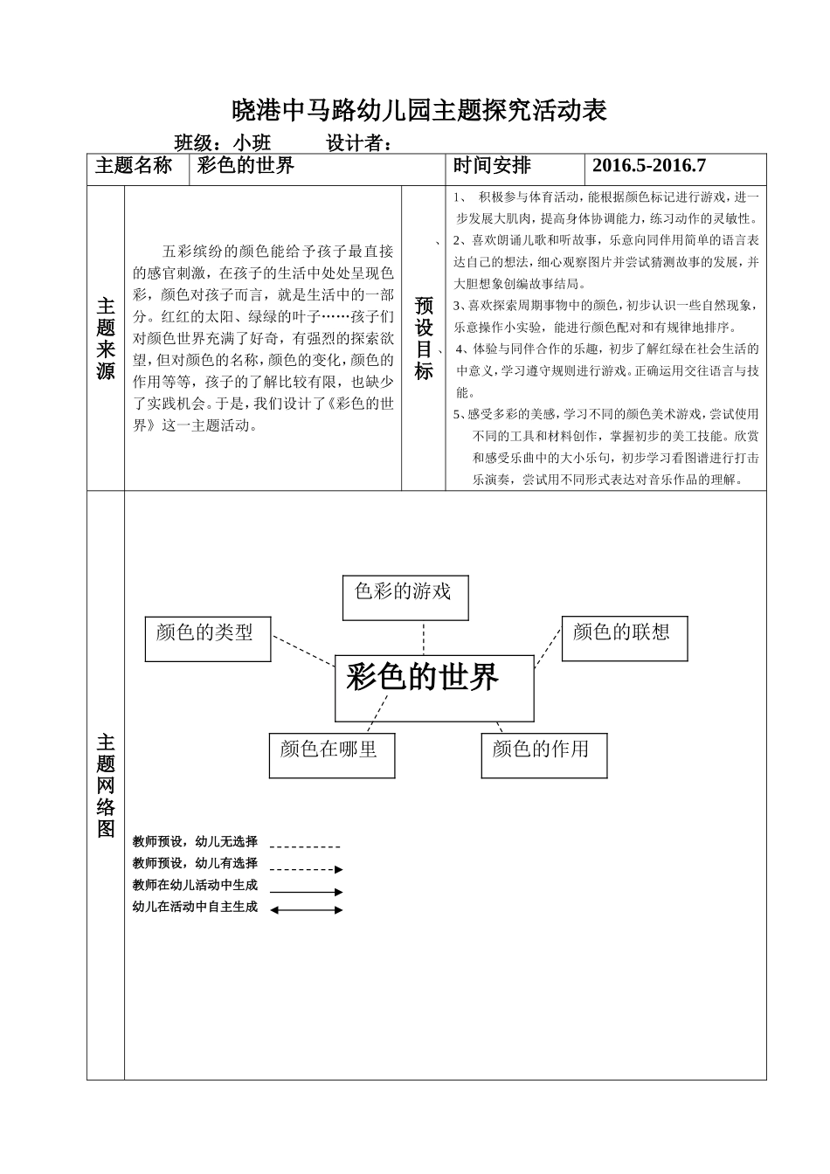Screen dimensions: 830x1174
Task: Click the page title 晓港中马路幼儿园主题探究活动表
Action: pyautogui.click(x=418, y=111)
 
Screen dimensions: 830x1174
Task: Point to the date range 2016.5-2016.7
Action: pyautogui.click(x=648, y=166)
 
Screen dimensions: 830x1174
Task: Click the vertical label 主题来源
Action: pyautogui.click(x=106, y=338)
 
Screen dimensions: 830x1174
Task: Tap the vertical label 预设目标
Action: pyautogui.click(x=424, y=338)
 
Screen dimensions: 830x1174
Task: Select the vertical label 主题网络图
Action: pyautogui.click(x=106, y=785)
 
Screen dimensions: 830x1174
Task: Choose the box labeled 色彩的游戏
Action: pyautogui.click(x=405, y=597)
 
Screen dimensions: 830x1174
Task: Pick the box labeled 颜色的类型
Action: pyautogui.click(x=207, y=638)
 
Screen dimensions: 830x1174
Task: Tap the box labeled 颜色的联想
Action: pyautogui.click(x=624, y=638)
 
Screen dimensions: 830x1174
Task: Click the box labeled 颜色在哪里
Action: pyautogui.click(x=331, y=755)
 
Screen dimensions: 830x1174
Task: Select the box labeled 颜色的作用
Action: pyautogui.click(x=543, y=755)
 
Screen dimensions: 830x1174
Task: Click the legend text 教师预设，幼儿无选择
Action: pyautogui.click(x=196, y=842)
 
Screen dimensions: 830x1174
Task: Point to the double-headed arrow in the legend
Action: pyautogui.click(x=306, y=909)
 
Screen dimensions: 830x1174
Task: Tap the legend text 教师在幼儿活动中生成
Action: pyautogui.click(x=196, y=885)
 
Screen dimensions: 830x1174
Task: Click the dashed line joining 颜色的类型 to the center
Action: pyautogui.click(x=303, y=647)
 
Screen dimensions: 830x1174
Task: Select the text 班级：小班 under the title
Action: pyautogui.click(x=223, y=142)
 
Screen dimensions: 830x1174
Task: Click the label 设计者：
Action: pyautogui.click(x=359, y=142)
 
